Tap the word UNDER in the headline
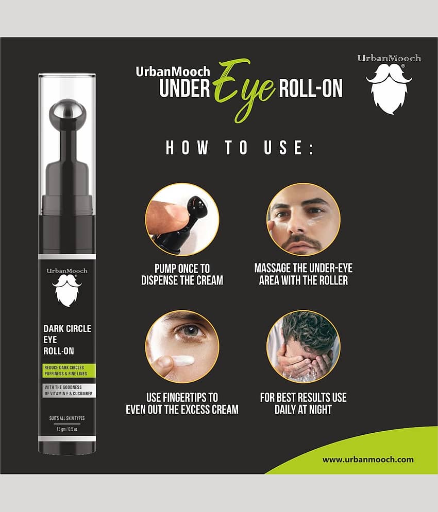[x=185, y=88]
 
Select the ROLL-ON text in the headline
[x=311, y=88]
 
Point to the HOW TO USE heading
[x=240, y=147]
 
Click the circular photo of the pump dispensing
[x=182, y=219]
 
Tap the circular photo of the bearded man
[x=304, y=219]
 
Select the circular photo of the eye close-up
[x=182, y=346]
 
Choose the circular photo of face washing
[x=304, y=346]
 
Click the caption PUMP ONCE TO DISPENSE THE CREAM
[x=182, y=274]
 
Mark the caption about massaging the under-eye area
[x=304, y=274]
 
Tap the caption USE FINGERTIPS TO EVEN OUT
[x=182, y=403]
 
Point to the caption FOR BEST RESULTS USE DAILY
[x=304, y=403]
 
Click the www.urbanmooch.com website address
[x=368, y=460]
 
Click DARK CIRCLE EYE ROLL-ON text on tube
[x=67, y=340]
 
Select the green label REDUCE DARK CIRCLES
[x=69, y=370]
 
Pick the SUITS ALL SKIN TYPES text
[x=67, y=418]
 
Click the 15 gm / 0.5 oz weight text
[x=67, y=429]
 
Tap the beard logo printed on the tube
[x=67, y=290]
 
